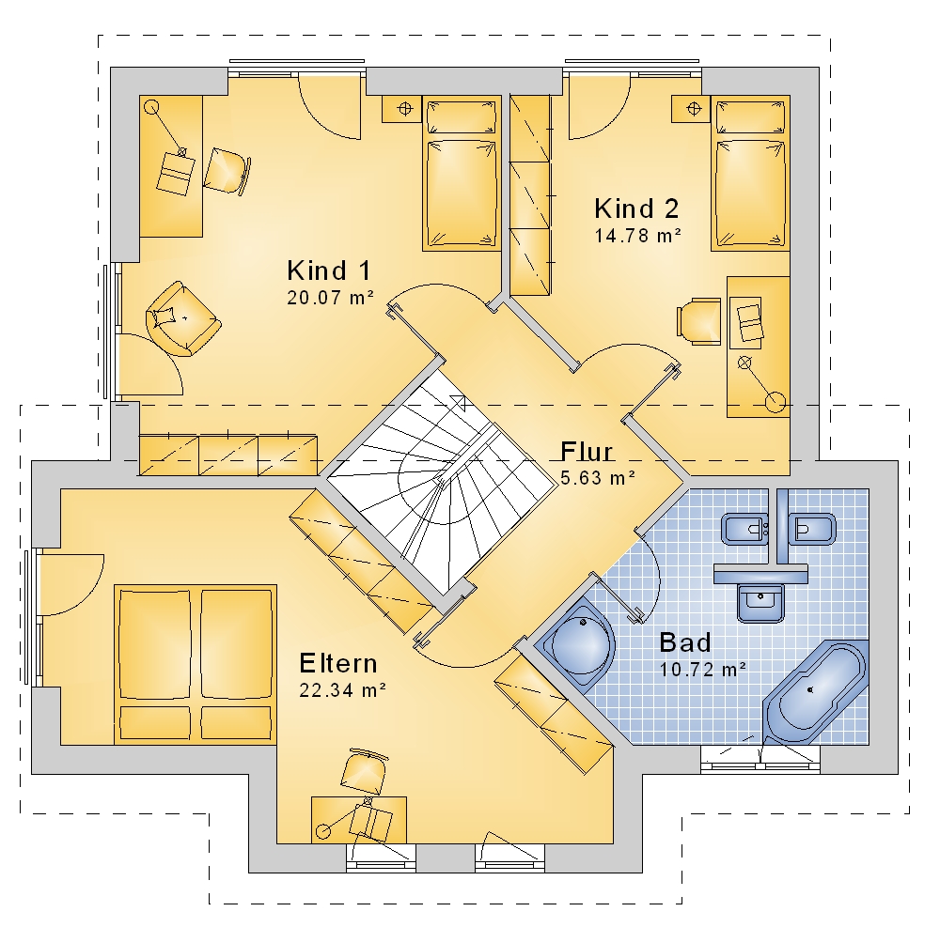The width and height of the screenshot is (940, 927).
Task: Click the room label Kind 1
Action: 329,270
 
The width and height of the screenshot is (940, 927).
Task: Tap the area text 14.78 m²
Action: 638,236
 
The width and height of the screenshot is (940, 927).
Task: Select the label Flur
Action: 587,452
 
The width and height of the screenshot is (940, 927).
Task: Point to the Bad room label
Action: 685,642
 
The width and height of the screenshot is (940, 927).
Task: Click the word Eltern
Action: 338,663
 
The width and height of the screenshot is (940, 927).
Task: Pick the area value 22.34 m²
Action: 342,690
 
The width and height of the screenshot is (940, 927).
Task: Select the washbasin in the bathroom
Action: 760,602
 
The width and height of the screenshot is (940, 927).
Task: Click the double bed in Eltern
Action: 196,665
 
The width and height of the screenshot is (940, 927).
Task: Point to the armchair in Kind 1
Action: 183,318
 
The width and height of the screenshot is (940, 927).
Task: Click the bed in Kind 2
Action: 750,173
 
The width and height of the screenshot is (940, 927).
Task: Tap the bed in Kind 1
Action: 462,173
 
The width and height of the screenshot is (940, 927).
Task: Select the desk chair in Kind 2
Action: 699,321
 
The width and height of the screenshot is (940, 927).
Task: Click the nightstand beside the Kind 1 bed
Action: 402,108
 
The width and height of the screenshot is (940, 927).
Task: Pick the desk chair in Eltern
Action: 364,772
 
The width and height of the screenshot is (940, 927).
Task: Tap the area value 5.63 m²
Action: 598,478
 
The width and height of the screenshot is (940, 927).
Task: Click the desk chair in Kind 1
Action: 227,171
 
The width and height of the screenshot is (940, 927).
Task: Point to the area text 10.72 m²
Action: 702,669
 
